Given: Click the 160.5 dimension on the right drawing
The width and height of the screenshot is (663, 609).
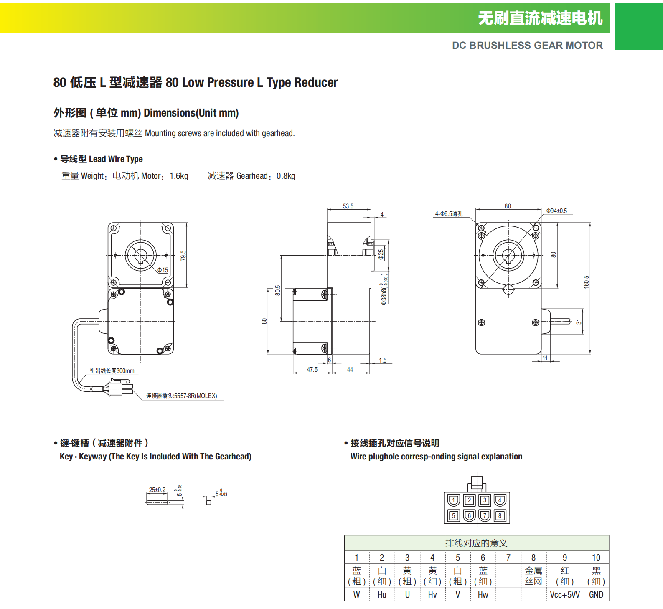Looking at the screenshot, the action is [586, 282].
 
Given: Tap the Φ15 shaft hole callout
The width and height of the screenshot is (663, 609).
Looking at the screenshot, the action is [163, 270].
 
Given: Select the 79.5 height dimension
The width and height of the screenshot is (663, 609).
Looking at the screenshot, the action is [183, 256].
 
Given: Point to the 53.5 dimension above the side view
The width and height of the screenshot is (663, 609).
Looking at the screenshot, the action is [348, 206].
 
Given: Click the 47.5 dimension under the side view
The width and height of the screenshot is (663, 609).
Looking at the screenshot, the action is [312, 370].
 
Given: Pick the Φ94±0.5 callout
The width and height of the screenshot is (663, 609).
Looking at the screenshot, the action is [556, 211].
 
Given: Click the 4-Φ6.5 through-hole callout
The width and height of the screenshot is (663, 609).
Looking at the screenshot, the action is [449, 214].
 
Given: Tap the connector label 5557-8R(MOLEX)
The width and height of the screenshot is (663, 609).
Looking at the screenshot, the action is [181, 396].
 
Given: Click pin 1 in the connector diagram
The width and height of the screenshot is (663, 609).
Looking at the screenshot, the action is [454, 500].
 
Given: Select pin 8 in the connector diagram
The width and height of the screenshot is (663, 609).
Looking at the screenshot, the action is [500, 515].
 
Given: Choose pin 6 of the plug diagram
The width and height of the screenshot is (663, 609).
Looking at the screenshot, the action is [469, 515].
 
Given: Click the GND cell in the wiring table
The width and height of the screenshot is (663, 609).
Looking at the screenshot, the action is [596, 595].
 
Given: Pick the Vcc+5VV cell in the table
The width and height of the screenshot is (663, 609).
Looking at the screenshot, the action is [565, 595].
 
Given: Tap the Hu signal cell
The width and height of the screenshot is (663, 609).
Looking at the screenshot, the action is [382, 595].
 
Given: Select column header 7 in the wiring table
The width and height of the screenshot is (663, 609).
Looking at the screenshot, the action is [508, 558].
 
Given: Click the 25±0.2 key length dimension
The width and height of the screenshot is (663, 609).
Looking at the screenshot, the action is [157, 490].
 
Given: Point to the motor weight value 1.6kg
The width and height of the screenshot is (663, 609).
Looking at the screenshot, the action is [179, 176].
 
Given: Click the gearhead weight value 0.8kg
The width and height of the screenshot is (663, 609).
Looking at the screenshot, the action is [286, 176].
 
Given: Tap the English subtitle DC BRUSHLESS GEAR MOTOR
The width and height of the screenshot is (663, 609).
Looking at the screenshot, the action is [527, 46].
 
